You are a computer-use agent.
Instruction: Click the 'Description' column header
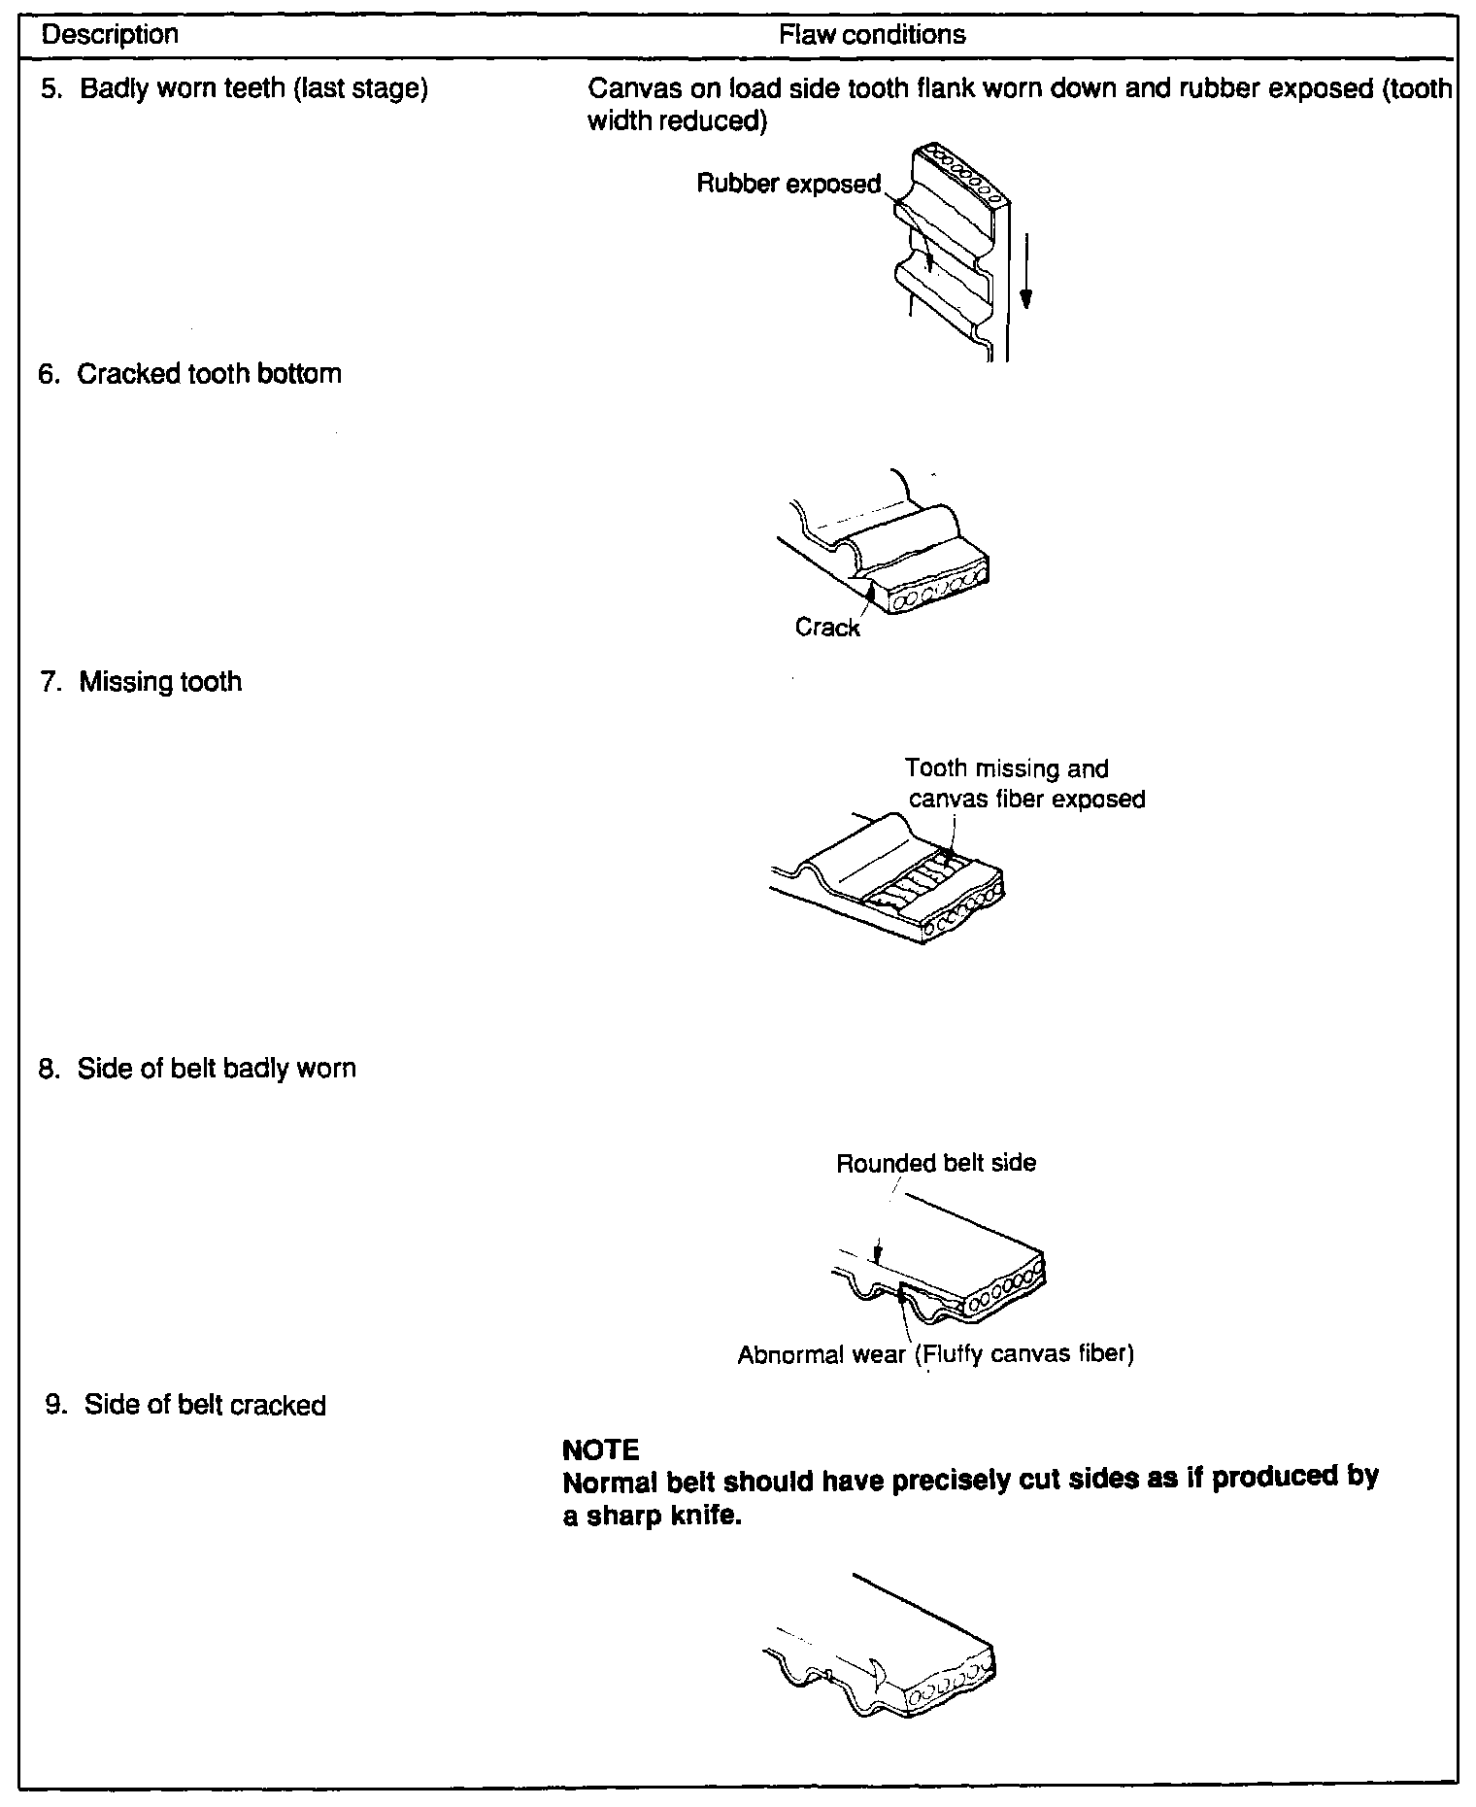(110, 35)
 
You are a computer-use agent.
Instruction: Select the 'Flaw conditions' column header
(871, 35)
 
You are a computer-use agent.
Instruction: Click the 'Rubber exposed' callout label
(788, 184)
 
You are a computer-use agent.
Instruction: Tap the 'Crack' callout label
(827, 628)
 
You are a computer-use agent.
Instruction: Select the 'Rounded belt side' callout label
(936, 1163)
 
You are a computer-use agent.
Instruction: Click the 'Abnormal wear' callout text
(821, 1353)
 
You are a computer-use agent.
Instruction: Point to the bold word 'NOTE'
(601, 1450)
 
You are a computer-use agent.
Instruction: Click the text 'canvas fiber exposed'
(1026, 799)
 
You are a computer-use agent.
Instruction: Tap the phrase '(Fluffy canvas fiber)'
(1025, 1353)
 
